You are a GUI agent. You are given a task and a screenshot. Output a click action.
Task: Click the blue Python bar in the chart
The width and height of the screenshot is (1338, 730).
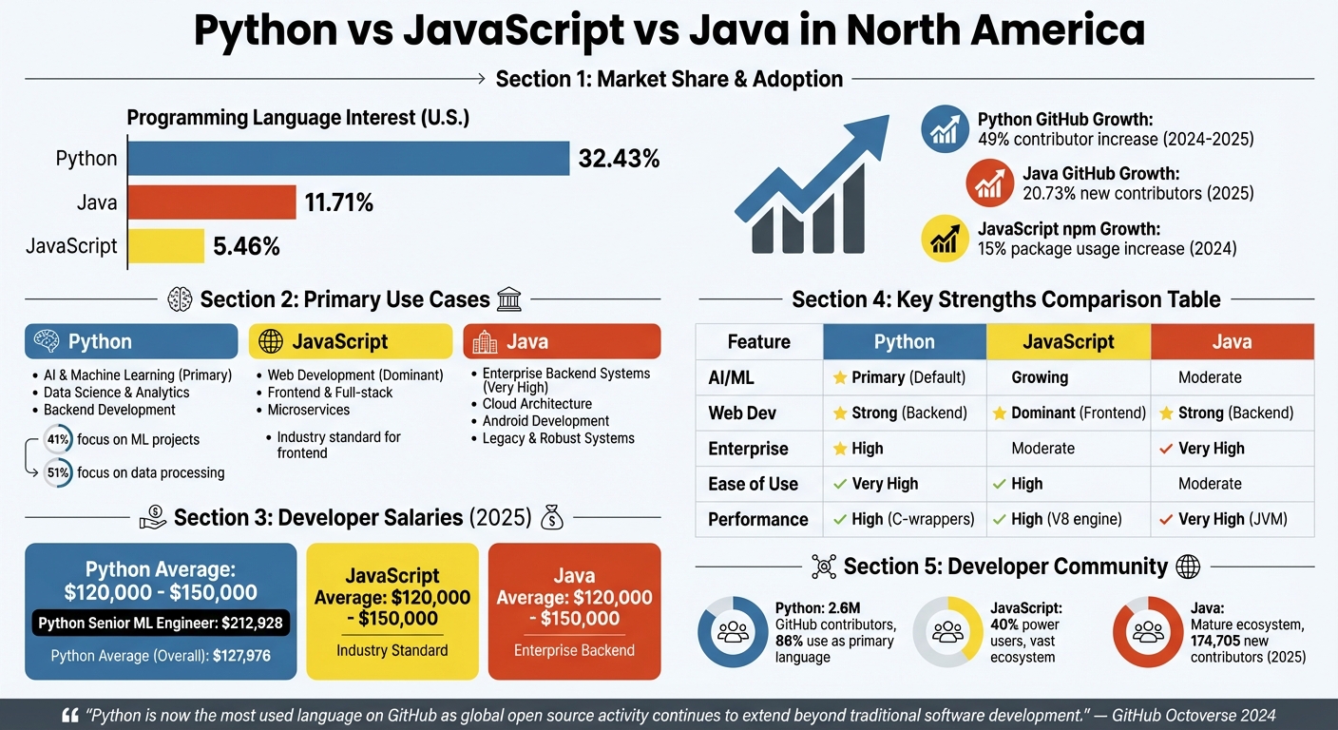pos(348,158)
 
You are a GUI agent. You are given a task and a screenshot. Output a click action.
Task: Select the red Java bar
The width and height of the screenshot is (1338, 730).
pos(211,202)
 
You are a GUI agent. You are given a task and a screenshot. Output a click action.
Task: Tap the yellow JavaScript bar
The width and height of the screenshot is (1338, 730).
pos(165,246)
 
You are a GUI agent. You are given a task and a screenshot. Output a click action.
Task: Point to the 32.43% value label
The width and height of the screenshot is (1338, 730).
pos(619,159)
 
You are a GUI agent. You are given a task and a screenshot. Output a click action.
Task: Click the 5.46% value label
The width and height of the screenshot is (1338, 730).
pos(246,247)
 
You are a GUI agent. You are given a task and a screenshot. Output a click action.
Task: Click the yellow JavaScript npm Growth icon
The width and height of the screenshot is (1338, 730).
pos(945,239)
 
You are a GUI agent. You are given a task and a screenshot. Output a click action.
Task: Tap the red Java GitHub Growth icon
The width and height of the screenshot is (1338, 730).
pos(989,183)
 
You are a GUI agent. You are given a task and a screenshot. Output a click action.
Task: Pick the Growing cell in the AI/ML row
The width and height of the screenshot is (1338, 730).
pos(1040,377)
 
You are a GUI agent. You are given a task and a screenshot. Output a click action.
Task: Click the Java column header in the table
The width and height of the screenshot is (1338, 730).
pos(1232,342)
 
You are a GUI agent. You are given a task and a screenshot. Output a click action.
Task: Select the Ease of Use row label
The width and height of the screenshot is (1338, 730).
pos(753,484)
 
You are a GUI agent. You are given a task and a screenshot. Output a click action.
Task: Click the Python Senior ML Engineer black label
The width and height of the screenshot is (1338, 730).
pos(161,624)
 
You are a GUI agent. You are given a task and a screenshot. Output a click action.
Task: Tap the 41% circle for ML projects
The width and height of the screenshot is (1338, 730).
pos(58,439)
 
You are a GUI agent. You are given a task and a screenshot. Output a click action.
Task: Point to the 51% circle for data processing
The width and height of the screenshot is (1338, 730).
pos(58,472)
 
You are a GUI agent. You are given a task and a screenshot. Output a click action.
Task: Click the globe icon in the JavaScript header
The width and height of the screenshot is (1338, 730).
pos(271,341)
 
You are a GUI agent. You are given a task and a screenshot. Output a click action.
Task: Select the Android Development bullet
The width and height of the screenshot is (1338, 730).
pos(545,421)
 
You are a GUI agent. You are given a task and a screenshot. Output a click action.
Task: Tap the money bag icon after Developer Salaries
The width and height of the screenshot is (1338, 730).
pos(552,517)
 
